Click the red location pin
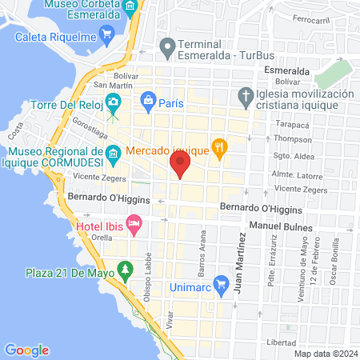(x=180, y=166)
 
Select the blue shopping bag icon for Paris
(x=147, y=101)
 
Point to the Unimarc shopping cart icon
(x=222, y=283)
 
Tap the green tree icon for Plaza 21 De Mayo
(x=125, y=270)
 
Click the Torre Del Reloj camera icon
(x=114, y=102)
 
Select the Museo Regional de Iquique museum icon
(x=114, y=152)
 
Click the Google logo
(x=27, y=350)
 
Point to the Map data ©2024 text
(x=325, y=353)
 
